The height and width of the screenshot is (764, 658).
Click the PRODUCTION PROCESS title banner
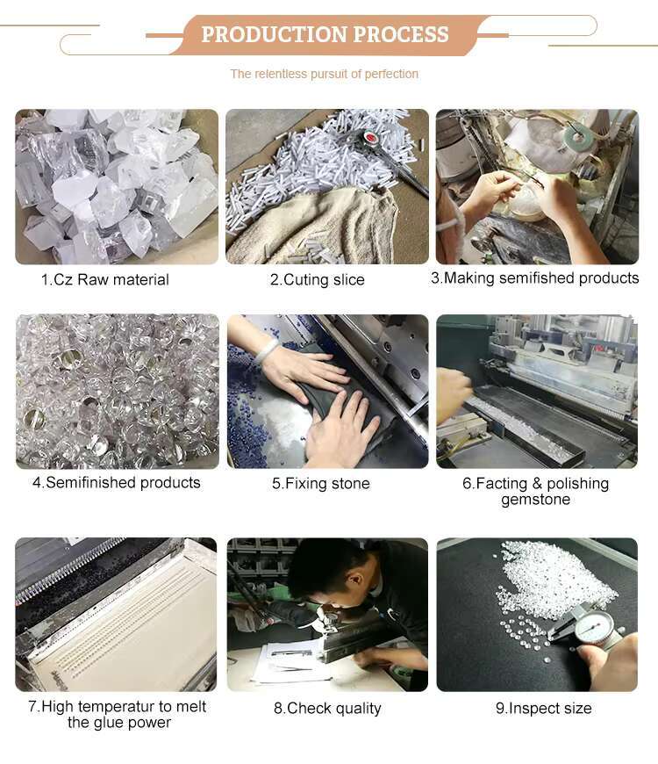point(325,34)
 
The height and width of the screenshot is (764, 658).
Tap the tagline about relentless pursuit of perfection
point(324,74)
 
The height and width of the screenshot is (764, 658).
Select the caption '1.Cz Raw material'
point(105,279)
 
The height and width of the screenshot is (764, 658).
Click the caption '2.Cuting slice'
point(318,279)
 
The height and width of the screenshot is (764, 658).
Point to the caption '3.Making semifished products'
point(535,277)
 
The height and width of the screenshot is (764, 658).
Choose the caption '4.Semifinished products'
point(117,482)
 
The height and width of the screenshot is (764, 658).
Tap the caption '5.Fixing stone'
point(321,483)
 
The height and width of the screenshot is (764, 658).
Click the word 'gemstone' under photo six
point(536,500)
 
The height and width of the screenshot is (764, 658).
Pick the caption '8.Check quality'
point(327,709)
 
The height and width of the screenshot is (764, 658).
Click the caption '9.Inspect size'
point(544,708)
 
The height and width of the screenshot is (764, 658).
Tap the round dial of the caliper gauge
point(594,628)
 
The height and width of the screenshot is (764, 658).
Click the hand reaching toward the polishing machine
point(453,393)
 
